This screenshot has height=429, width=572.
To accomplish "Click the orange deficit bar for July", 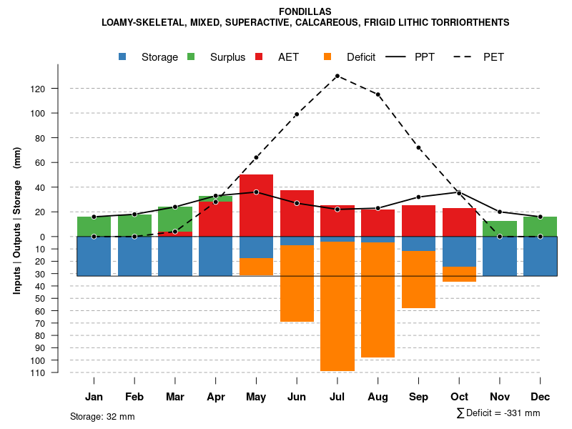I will [337, 306].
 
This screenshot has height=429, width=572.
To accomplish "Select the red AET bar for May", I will [256, 205].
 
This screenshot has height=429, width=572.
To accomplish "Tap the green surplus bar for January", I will [94, 226].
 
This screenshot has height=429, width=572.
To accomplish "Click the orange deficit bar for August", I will [378, 300].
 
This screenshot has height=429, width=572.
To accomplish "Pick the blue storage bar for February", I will [134, 256].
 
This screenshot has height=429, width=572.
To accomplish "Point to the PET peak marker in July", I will [337, 76].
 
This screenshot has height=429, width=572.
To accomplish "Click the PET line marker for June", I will [297, 114].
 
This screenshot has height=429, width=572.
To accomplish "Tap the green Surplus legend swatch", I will [191, 56].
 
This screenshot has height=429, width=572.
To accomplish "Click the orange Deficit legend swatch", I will [327, 56].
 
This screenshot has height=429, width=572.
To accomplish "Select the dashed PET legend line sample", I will [461, 56].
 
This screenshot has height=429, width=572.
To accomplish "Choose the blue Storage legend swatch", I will [123, 56].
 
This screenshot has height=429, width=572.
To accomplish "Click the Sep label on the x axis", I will [419, 397].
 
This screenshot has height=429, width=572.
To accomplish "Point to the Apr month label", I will [216, 397].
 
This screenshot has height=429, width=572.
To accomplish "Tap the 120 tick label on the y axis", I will [58, 89].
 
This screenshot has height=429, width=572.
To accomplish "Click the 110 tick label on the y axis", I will [58, 373].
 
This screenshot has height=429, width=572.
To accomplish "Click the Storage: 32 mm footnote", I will [102, 416].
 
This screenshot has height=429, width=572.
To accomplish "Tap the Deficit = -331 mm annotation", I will [498, 413].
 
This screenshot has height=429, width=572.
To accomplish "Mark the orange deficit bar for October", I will [459, 274].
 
